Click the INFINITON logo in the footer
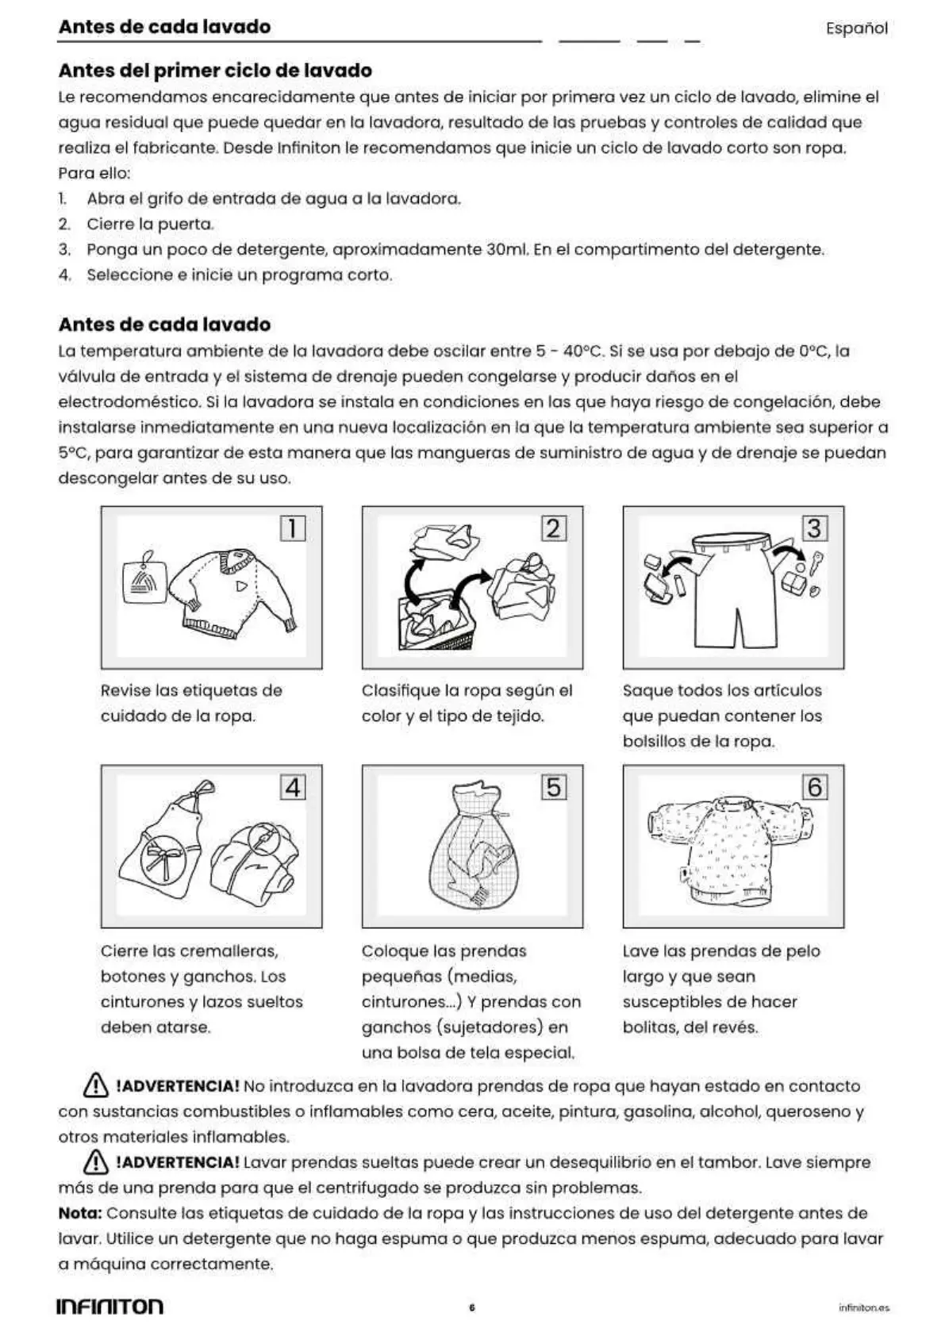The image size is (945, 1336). [109, 1307]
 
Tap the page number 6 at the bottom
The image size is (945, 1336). [472, 1307]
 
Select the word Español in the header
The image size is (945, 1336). [856, 29]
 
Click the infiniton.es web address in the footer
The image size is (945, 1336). [863, 1307]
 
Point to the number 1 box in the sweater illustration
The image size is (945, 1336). [293, 528]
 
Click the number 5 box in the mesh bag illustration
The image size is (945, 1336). [554, 788]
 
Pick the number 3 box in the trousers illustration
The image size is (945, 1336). [814, 528]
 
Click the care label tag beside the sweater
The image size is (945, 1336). [144, 582]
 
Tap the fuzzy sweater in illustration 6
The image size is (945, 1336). [728, 849]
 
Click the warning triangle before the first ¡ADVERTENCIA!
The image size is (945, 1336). [95, 1085]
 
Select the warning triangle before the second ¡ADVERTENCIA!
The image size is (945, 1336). [95, 1162]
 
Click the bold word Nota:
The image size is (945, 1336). [80, 1213]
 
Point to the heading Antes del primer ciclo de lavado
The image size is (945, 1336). [215, 71]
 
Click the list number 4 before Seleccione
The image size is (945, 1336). [64, 275]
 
